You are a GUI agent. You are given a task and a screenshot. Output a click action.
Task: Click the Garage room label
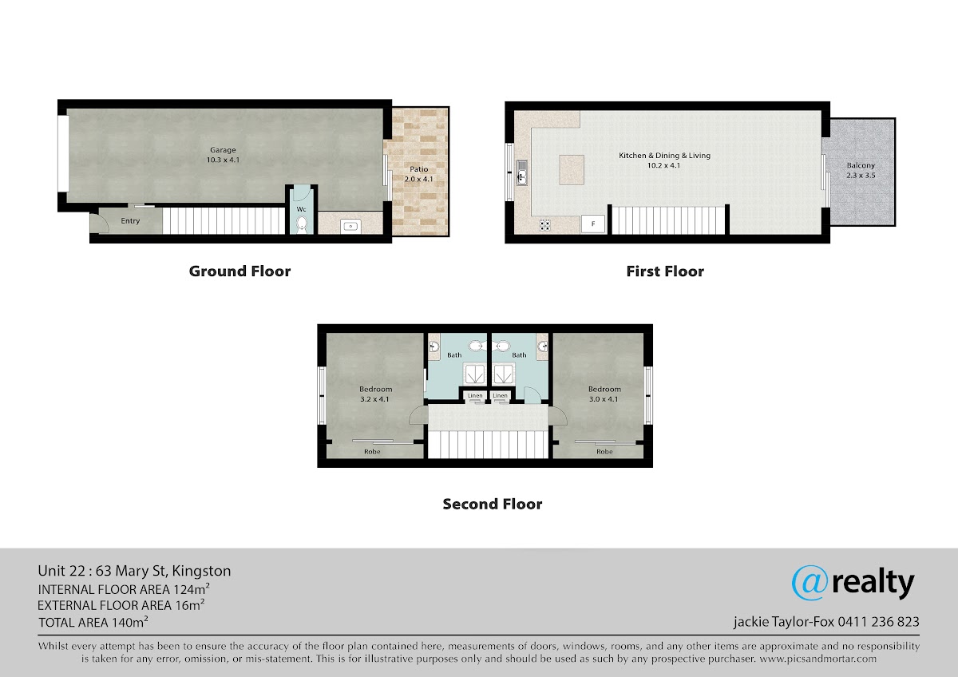(x=223, y=150)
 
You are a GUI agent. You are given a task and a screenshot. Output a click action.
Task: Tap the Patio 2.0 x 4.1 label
(x=418, y=174)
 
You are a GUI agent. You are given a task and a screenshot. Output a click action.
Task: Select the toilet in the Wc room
(x=302, y=224)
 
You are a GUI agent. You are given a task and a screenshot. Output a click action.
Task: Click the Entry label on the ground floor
(x=130, y=220)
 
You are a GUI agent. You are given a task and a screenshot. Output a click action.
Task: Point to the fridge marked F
(x=592, y=224)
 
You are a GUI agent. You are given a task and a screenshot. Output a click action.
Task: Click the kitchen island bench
(x=572, y=170)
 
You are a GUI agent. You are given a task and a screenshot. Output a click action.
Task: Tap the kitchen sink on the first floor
(x=522, y=172)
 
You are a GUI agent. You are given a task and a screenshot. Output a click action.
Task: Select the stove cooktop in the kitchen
(x=544, y=225)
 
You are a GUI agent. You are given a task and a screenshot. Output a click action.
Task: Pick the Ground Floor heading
(x=239, y=271)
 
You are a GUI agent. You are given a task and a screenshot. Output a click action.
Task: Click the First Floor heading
(x=665, y=271)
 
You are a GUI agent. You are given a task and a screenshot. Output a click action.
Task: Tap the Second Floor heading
(x=493, y=504)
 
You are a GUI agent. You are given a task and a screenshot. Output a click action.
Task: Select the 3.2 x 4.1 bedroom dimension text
(x=374, y=399)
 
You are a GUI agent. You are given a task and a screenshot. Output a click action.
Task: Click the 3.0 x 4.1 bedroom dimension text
(x=604, y=399)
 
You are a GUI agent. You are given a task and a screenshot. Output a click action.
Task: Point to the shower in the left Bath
(x=474, y=374)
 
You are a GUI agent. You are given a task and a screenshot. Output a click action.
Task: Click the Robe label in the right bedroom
(x=604, y=452)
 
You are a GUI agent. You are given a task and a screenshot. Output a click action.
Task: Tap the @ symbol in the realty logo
(x=810, y=583)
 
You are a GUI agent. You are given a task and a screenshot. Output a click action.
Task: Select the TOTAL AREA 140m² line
(x=93, y=622)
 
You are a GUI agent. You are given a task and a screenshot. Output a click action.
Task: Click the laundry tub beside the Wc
(x=350, y=226)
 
